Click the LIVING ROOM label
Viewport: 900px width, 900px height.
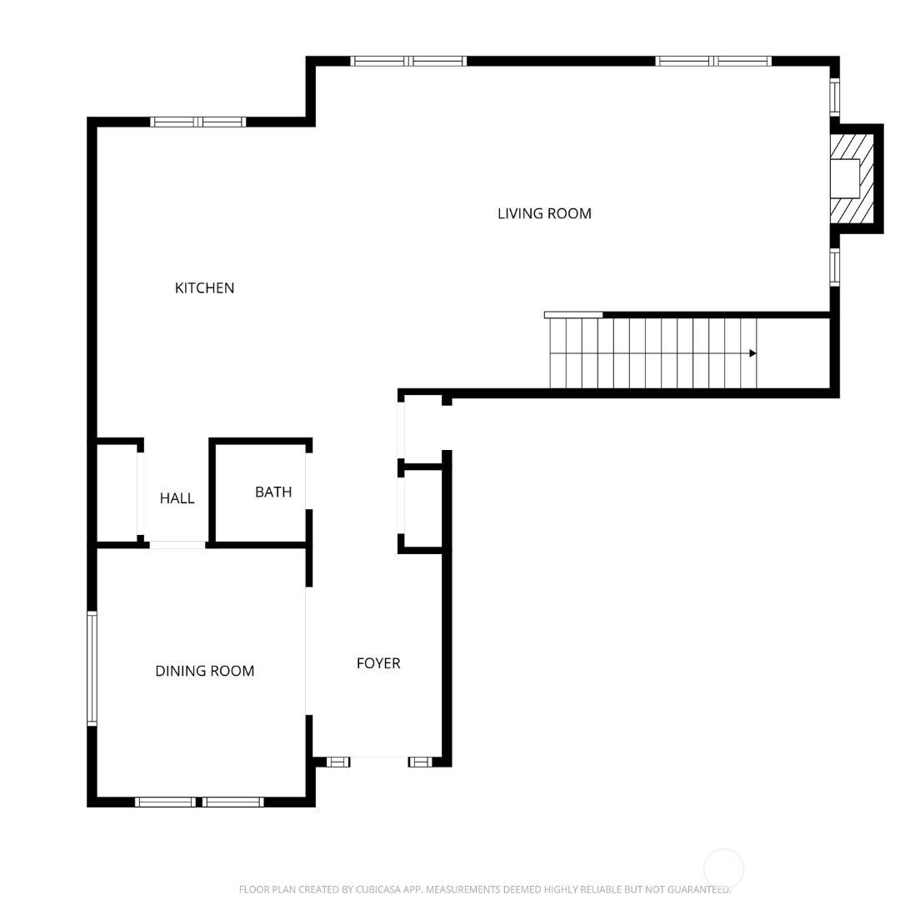click(x=544, y=213)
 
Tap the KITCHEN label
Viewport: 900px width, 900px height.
click(x=204, y=288)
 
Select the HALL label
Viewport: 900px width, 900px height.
click(x=177, y=498)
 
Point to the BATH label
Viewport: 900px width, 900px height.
click(x=273, y=492)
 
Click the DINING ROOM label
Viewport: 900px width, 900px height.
click(x=204, y=671)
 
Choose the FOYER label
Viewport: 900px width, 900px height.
click(x=378, y=663)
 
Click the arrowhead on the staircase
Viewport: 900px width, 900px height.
click(x=752, y=353)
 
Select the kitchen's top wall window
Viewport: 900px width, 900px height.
click(x=198, y=122)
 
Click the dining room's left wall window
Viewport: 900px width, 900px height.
click(x=92, y=667)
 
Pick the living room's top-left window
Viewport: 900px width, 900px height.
click(x=408, y=61)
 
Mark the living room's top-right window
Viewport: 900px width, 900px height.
click(x=713, y=61)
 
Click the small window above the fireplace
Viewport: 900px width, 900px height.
click(x=834, y=97)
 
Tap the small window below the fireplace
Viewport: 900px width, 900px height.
click(x=834, y=267)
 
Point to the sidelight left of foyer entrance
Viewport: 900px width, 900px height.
click(x=337, y=761)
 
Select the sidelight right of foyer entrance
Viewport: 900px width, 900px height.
click(x=420, y=761)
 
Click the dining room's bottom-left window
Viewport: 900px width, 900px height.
click(x=165, y=802)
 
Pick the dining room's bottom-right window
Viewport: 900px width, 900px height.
click(x=233, y=802)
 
